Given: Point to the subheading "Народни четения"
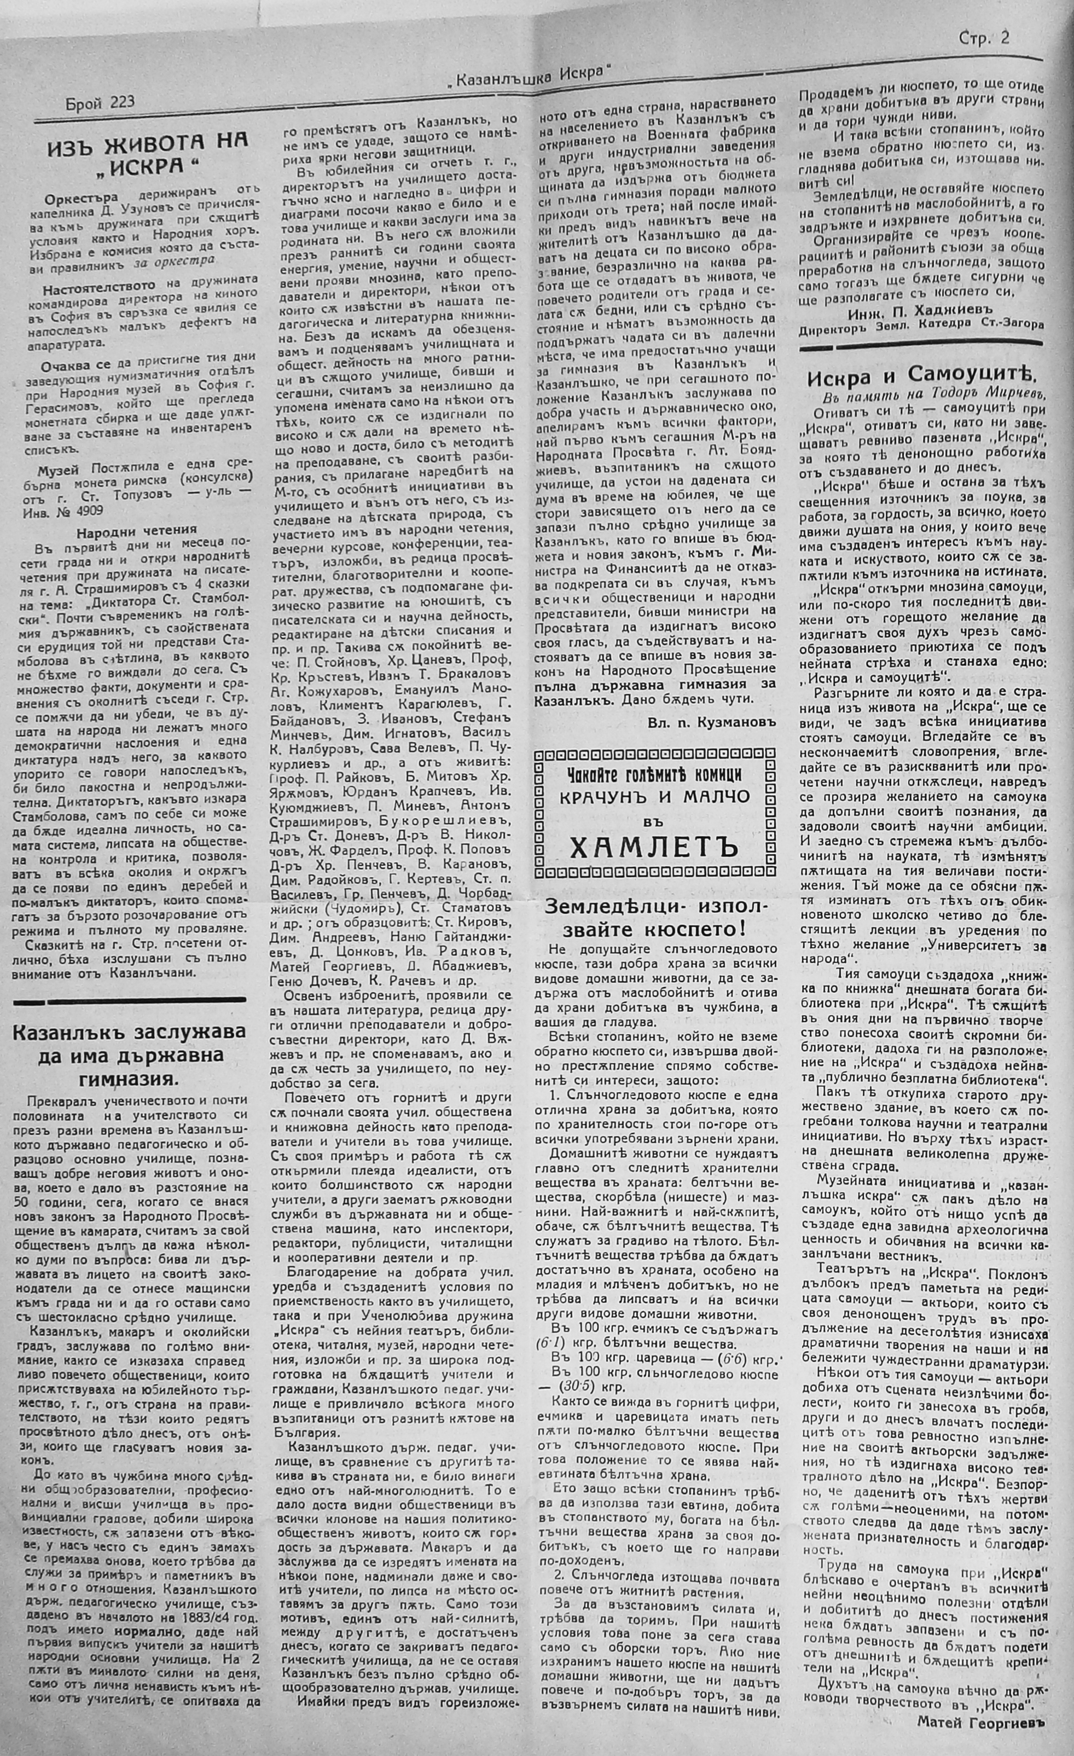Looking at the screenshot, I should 137,530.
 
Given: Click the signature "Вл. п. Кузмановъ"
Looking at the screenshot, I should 711,723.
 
